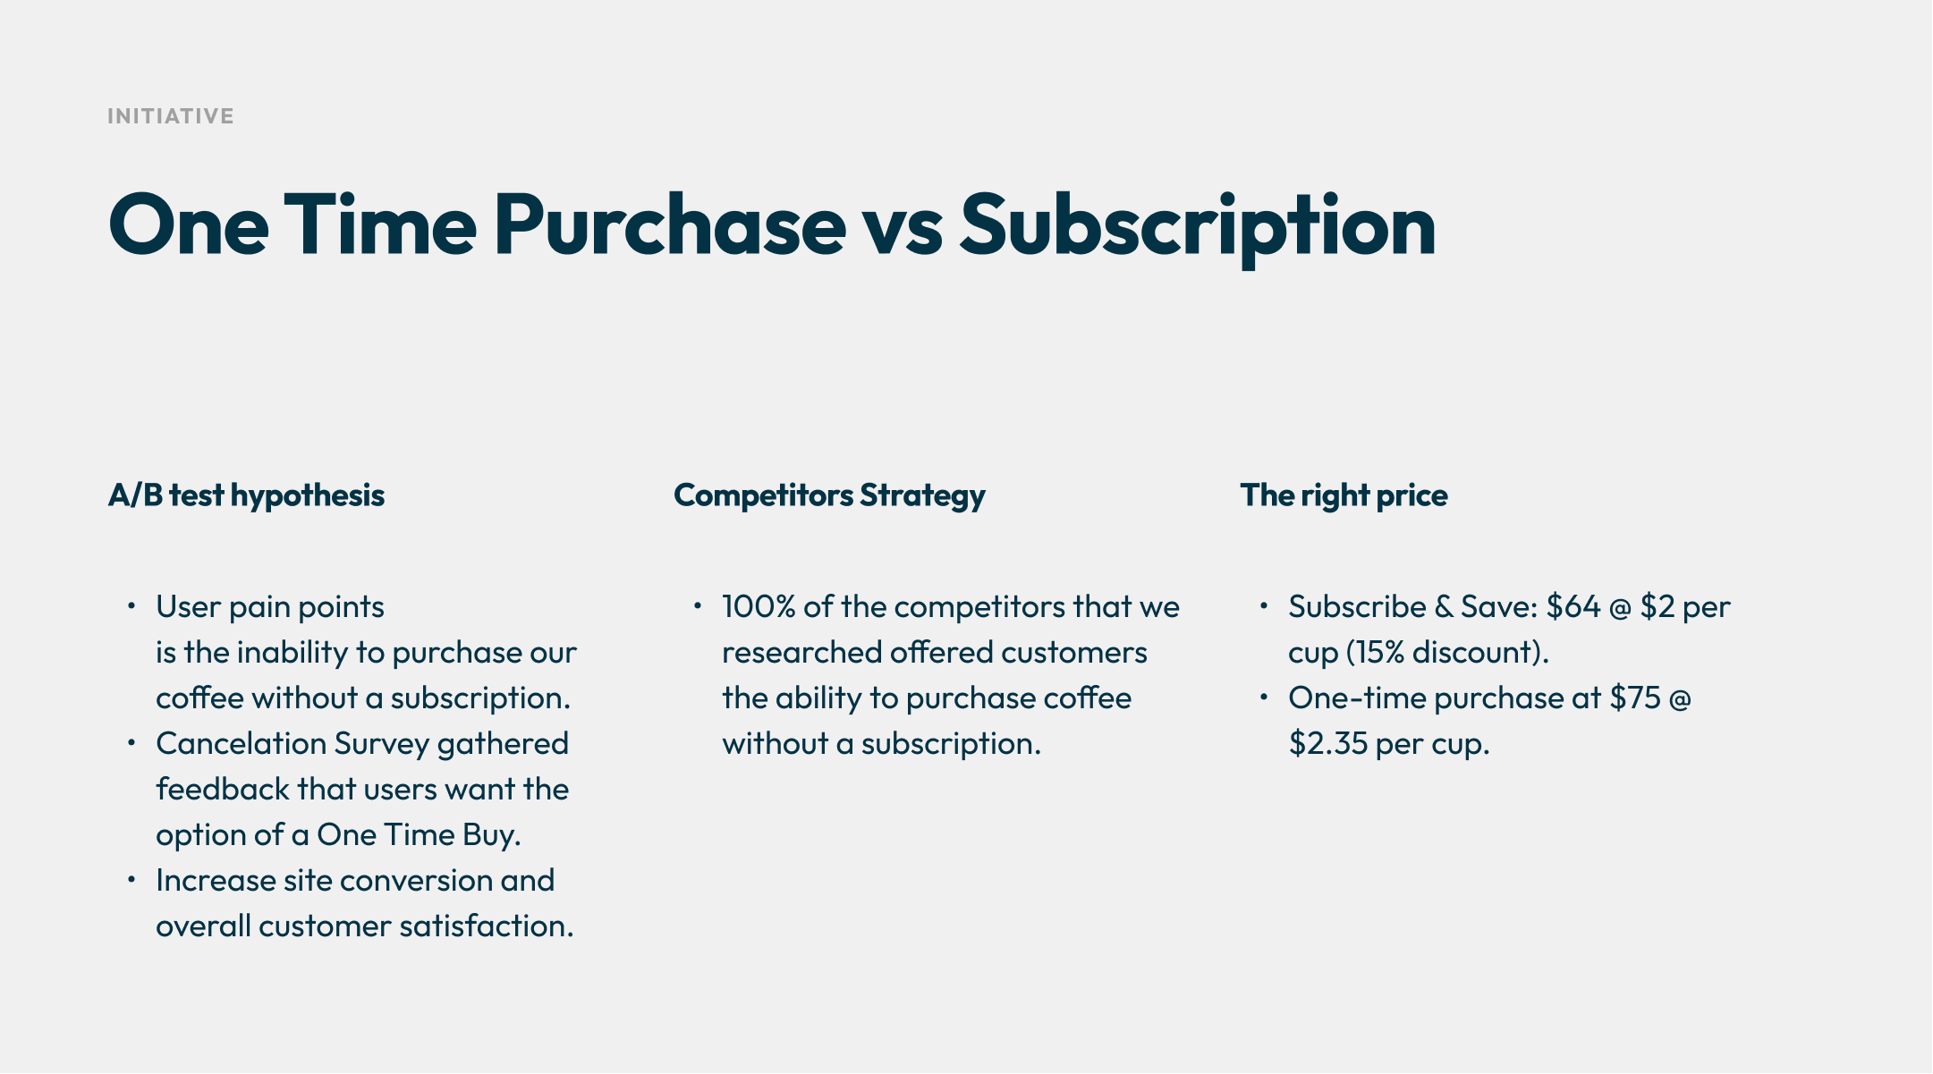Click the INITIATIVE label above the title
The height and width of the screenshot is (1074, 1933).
click(171, 116)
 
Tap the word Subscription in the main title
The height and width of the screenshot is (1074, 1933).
click(1198, 227)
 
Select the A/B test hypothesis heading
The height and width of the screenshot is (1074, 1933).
click(246, 496)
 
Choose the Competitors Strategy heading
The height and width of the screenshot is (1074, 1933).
click(829, 496)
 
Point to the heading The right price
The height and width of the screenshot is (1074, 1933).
click(1344, 496)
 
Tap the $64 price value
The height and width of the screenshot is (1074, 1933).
click(1573, 607)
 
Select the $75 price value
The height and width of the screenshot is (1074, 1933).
click(1635, 698)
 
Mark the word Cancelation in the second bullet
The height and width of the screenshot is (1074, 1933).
click(242, 744)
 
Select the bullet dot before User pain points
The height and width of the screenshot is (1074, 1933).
click(131, 607)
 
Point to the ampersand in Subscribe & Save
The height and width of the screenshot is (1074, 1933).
click(1444, 607)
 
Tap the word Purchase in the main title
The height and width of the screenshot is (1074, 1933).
click(670, 227)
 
